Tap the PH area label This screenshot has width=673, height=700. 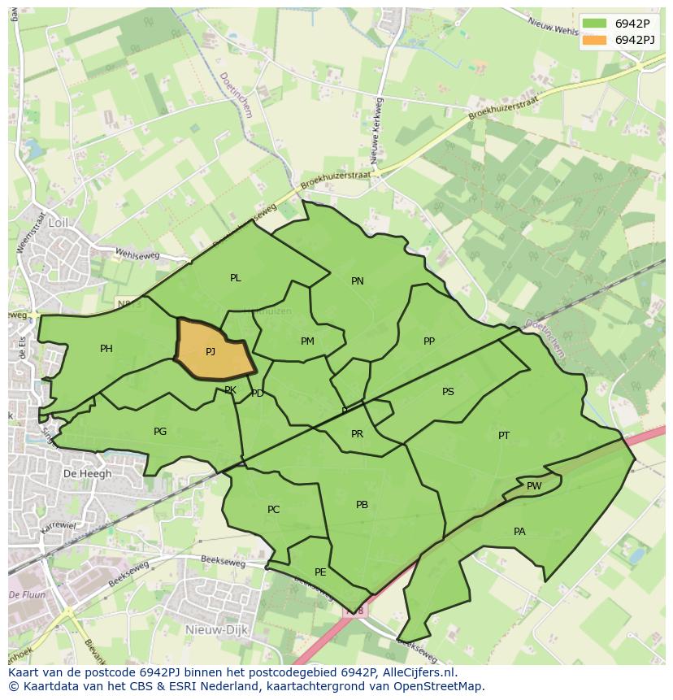(x=106, y=349)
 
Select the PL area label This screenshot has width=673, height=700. (x=236, y=278)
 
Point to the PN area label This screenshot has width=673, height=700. (x=358, y=281)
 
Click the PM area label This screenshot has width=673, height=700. (x=307, y=341)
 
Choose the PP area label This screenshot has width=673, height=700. (x=429, y=341)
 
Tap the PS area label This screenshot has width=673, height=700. (x=448, y=392)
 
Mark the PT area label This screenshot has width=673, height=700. (x=504, y=436)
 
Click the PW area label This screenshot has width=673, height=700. (x=534, y=486)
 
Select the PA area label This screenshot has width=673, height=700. (x=519, y=532)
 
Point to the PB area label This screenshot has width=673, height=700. (x=363, y=505)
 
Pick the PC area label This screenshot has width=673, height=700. (x=274, y=510)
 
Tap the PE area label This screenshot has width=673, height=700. (x=320, y=572)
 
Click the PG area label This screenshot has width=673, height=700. (x=160, y=432)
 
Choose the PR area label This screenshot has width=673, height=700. (x=357, y=434)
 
